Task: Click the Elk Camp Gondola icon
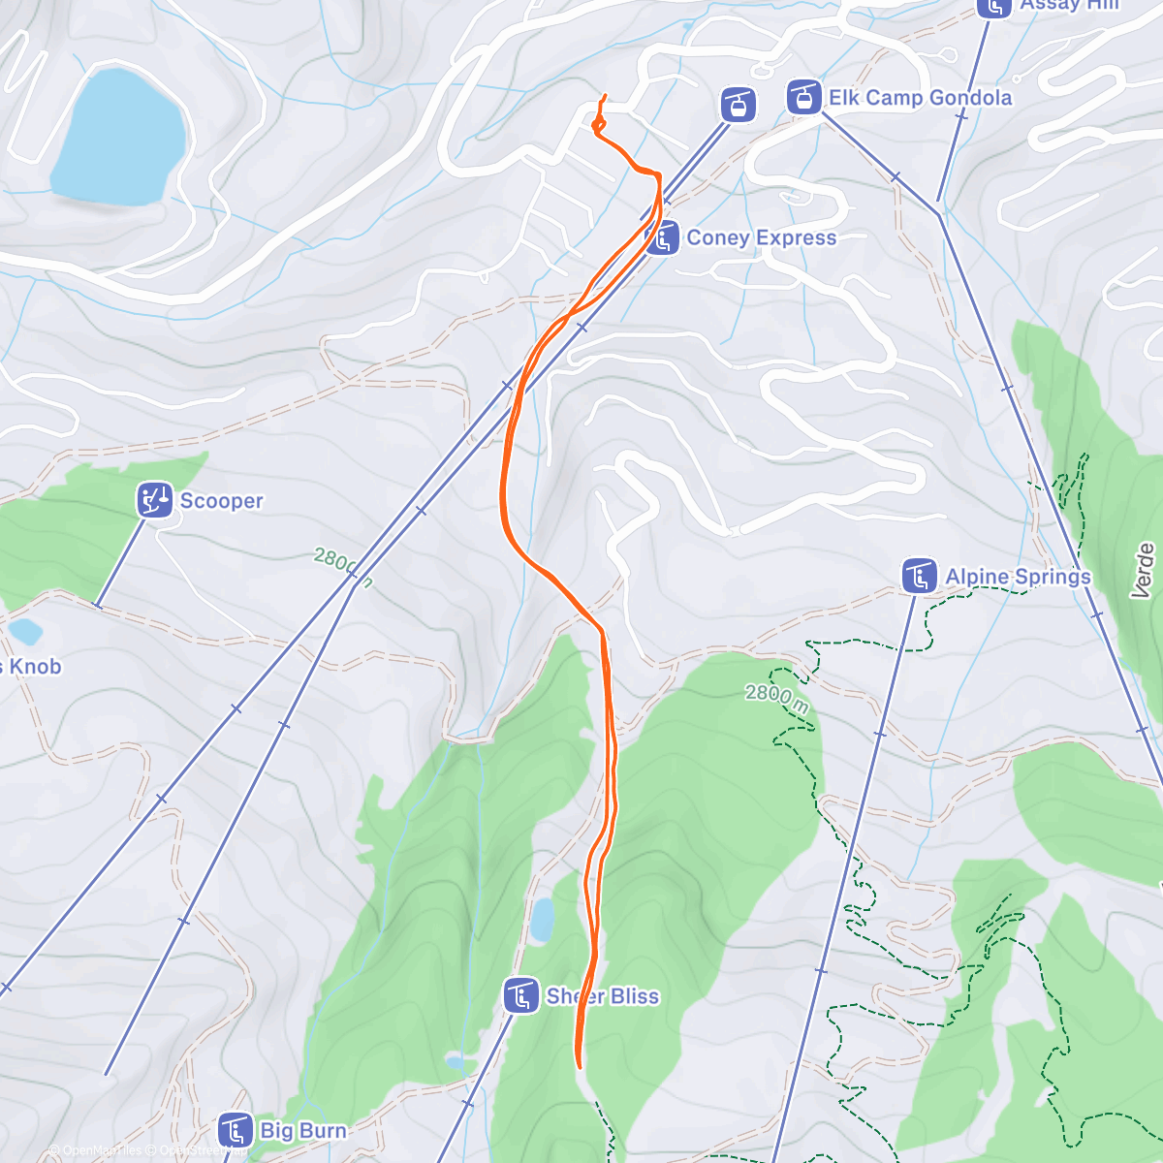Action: [x=803, y=97]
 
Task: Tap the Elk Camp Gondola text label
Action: [x=920, y=98]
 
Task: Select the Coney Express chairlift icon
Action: [x=663, y=238]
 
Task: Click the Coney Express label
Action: [x=761, y=238]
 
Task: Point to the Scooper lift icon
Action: [x=154, y=500]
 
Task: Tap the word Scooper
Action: [x=221, y=501]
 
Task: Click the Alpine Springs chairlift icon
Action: [x=918, y=577]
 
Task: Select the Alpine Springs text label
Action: [x=1018, y=578]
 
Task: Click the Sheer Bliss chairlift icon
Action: [x=521, y=995]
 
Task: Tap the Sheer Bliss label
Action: [x=602, y=996]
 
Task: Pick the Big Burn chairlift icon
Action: [x=236, y=1130]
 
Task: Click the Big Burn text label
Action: [x=303, y=1131]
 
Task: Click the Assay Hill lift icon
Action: [x=993, y=6]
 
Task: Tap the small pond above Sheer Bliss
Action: [x=543, y=920]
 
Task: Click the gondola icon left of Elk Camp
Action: [x=739, y=104]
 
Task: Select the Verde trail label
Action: [x=1146, y=570]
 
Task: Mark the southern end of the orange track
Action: [x=580, y=1066]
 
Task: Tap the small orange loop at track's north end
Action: [x=598, y=124]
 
